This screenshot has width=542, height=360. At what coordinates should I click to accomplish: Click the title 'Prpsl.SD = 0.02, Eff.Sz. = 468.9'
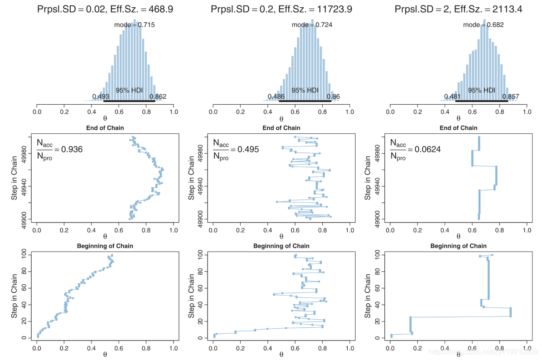tap(105, 9)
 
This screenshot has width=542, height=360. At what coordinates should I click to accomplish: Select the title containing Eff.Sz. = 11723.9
tap(281, 9)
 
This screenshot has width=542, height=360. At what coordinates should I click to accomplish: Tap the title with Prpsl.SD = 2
tap(458, 9)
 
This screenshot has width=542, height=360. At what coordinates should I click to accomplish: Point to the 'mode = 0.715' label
tap(134, 25)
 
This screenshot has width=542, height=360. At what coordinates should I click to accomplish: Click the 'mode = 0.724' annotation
tap(312, 25)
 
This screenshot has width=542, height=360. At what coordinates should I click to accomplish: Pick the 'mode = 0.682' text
tap(483, 25)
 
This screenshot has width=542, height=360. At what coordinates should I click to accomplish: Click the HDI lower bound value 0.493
tap(101, 97)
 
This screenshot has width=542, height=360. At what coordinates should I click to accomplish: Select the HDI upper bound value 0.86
tap(333, 97)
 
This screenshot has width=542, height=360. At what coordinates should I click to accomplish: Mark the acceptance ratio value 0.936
tap(73, 149)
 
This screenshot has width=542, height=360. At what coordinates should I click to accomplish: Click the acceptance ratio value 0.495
tap(249, 149)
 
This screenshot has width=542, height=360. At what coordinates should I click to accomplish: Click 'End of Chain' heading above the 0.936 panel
tap(105, 128)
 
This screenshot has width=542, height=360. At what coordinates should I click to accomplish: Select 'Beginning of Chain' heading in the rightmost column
tap(458, 246)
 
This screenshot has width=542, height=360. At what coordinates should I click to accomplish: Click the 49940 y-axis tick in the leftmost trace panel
tap(24, 186)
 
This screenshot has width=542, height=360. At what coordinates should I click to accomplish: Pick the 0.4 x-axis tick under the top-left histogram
tap(92, 111)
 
